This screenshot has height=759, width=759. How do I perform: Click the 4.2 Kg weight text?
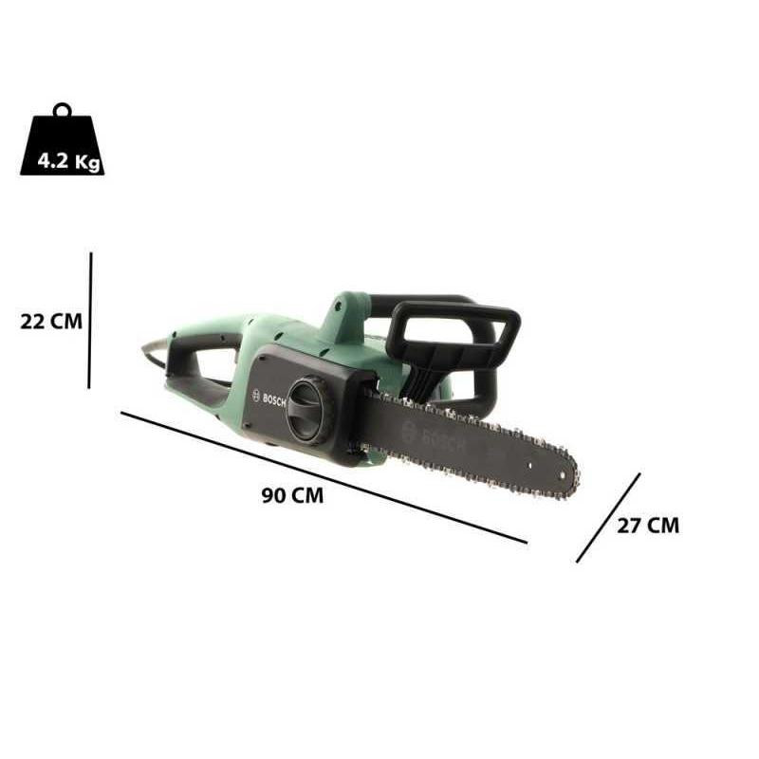[x=68, y=161]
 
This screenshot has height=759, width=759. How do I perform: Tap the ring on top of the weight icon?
[x=63, y=109]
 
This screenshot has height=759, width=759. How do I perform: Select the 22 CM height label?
[x=51, y=322]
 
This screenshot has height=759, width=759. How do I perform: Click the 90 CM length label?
[x=292, y=495]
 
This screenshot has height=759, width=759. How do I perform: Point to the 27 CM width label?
[x=648, y=526]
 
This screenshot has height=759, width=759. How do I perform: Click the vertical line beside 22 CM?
[x=90, y=320]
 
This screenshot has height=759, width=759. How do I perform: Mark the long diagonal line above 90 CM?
[x=324, y=477]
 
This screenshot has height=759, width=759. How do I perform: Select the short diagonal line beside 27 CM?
[x=608, y=518]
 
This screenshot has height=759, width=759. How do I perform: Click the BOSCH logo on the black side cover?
[x=269, y=398]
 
